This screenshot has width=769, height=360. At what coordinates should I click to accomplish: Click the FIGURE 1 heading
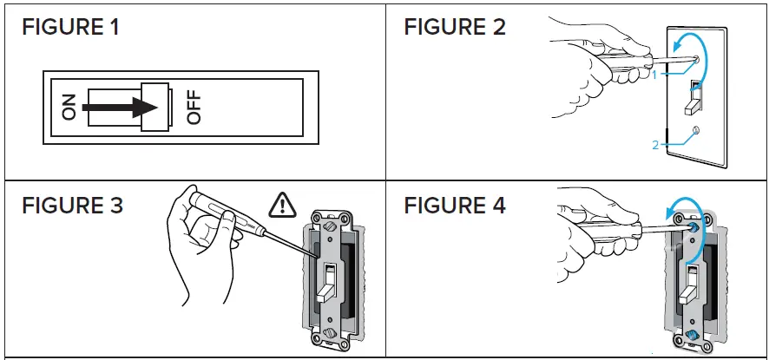(70, 27)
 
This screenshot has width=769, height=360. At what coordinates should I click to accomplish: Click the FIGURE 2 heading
(454, 27)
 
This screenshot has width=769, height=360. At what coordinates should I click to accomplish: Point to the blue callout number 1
(657, 75)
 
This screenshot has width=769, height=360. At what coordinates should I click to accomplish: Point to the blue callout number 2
(656, 145)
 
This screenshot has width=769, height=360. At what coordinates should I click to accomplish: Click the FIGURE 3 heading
(72, 206)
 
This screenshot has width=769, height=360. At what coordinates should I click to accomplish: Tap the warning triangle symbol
(282, 205)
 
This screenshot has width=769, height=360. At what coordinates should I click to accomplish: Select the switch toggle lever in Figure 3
(327, 286)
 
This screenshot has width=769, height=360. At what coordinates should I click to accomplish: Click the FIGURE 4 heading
(455, 206)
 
